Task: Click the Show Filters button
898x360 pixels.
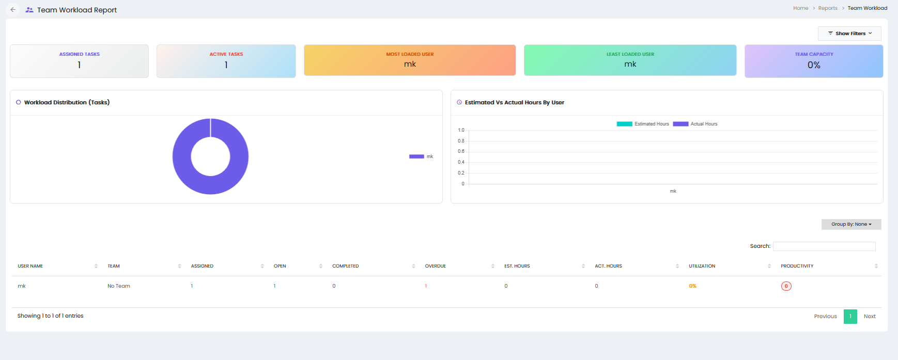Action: [x=849, y=34]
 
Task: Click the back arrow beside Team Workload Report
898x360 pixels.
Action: [x=13, y=10]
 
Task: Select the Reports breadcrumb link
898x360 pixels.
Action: [x=828, y=8]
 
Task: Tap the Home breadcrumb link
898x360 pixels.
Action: [x=800, y=8]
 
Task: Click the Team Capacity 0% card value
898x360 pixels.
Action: [x=814, y=65]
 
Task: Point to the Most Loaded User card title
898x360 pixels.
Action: [x=410, y=54]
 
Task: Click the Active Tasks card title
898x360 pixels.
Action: [x=226, y=54]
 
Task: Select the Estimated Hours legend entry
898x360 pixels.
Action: [x=643, y=124]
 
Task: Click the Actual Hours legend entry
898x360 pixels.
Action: [x=695, y=124]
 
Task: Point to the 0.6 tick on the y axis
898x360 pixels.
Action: [x=461, y=151]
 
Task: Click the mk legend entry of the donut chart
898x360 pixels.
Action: [x=421, y=156]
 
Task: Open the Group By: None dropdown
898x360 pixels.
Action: [x=851, y=224]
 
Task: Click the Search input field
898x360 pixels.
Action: [x=824, y=246]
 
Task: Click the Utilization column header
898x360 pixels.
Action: [x=702, y=266]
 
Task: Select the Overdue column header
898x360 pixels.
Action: [x=436, y=266]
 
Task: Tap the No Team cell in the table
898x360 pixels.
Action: [x=119, y=286]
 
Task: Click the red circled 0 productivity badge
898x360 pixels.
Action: [x=786, y=286]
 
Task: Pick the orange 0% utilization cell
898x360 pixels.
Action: [x=692, y=286]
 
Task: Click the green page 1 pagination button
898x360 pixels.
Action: [x=850, y=317]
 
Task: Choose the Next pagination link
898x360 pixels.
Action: [x=870, y=317]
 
